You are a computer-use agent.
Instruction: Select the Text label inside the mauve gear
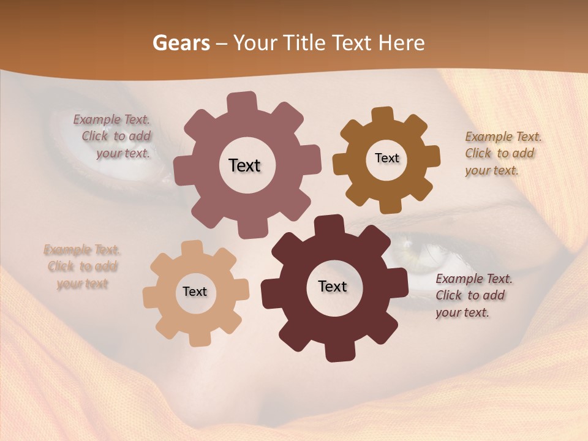244,165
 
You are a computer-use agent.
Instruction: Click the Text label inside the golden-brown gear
386,158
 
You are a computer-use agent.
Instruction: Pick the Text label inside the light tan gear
195,292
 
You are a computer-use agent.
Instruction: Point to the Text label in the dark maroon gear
333,287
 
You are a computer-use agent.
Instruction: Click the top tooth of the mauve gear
242,102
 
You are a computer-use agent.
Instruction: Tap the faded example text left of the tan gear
82,266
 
